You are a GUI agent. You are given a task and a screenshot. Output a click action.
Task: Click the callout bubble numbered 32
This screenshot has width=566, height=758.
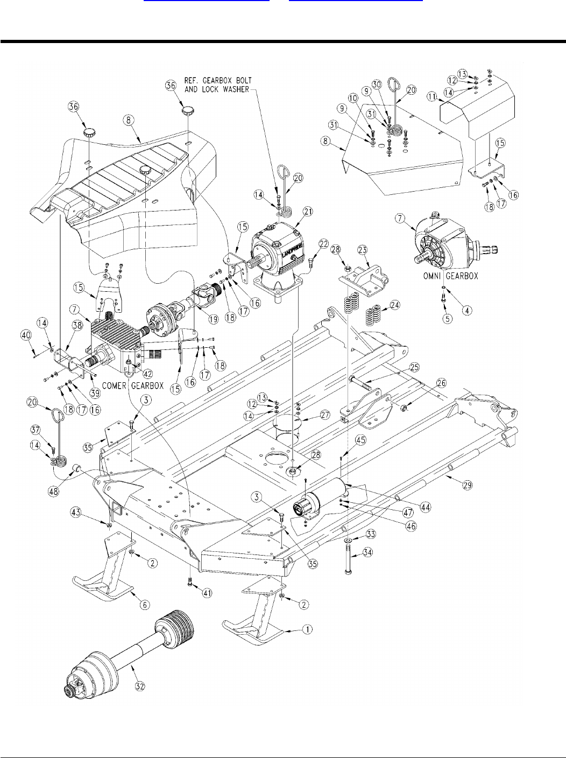(140, 686)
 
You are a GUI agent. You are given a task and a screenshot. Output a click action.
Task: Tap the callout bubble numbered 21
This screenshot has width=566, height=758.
(307, 212)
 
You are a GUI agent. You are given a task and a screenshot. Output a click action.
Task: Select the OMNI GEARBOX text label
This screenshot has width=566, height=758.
(450, 276)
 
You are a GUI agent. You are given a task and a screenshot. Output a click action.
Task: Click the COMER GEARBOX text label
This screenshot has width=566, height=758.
(133, 386)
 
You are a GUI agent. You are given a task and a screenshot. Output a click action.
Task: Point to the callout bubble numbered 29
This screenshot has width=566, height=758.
(467, 485)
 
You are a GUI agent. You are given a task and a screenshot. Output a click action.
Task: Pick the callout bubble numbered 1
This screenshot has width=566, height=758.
(307, 629)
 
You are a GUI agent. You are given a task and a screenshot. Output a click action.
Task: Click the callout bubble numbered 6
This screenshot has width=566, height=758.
(145, 605)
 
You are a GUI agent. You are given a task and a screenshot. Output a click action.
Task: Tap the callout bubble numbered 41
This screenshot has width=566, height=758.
(207, 593)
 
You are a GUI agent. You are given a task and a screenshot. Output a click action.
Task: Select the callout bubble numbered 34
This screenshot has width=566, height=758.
(367, 552)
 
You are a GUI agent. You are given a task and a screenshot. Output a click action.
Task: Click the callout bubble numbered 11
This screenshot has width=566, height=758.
(432, 97)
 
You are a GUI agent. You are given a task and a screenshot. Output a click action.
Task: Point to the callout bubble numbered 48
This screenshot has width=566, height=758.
(54, 491)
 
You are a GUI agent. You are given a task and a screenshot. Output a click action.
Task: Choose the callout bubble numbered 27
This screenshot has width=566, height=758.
(325, 415)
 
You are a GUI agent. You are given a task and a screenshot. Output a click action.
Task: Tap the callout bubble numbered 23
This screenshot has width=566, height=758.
(363, 250)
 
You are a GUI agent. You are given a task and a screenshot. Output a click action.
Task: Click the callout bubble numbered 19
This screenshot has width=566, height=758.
(213, 319)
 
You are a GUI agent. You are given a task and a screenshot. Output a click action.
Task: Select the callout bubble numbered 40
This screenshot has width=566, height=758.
(26, 335)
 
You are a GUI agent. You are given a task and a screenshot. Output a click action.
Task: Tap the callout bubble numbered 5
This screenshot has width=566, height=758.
(448, 318)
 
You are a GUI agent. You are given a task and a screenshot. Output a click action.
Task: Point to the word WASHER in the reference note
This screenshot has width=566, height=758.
(236, 89)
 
